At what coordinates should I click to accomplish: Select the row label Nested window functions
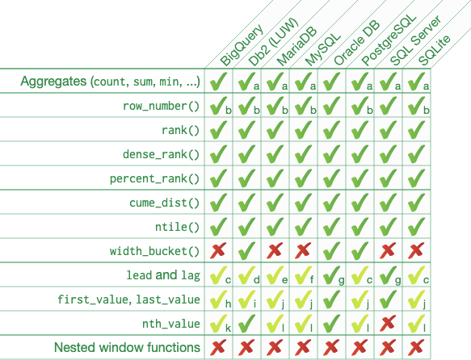pyautogui.click(x=127, y=348)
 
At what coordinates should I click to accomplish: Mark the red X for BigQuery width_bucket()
pyautogui.click(x=217, y=251)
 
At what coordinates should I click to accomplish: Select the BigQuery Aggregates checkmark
pyautogui.click(x=217, y=82)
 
